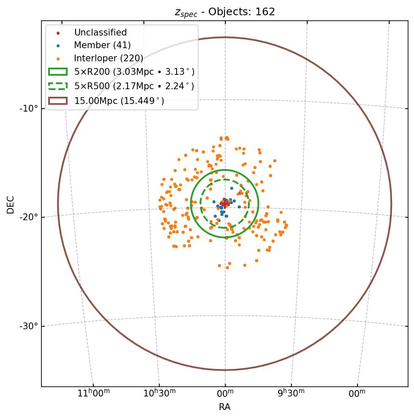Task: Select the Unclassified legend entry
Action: point(100,33)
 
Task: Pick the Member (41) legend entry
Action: point(102,45)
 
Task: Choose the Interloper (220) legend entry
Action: point(109,58)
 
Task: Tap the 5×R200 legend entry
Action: point(134,72)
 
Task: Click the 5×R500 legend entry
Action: point(134,86)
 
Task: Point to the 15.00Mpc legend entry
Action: point(119,101)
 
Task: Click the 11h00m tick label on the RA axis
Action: point(94,393)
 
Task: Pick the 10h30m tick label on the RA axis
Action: point(159,393)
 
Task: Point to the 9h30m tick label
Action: point(291,393)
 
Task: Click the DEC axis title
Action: point(11,204)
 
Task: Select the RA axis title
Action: point(225,407)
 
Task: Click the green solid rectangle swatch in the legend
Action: point(58,72)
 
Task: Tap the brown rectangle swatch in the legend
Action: point(58,101)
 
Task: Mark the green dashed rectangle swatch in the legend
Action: point(58,86)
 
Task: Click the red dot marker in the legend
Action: point(58,33)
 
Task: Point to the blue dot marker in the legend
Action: point(58,46)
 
